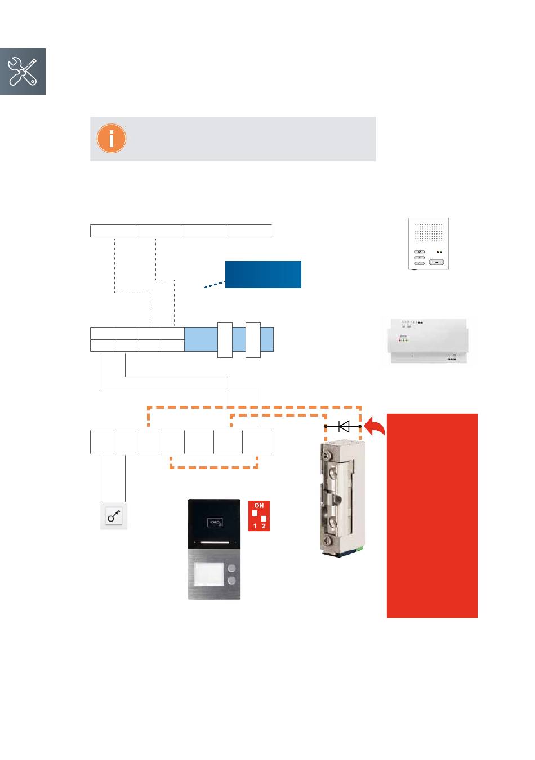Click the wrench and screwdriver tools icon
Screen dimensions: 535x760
click(23, 72)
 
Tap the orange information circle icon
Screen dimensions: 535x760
click(111, 139)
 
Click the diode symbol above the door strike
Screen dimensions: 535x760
click(343, 426)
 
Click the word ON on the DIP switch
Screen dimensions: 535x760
click(258, 506)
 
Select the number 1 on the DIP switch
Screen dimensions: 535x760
click(255, 526)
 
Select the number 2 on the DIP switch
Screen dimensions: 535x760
click(264, 526)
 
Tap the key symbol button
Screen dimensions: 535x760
click(114, 516)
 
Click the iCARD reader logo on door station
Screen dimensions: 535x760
click(215, 523)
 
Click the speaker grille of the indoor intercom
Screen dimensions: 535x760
click(429, 233)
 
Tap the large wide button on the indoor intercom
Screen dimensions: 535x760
click(436, 262)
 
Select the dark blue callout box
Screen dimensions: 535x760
click(263, 275)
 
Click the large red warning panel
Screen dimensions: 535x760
click(432, 515)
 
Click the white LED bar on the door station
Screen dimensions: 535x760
click(214, 542)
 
